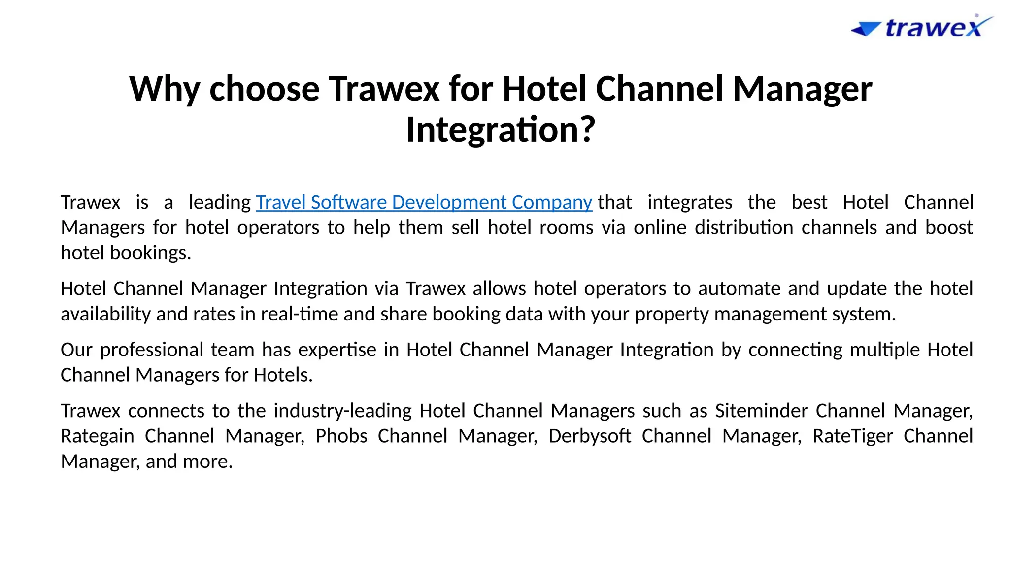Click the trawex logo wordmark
[x=934, y=28]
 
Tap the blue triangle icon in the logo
[x=866, y=29]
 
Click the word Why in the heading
[x=165, y=89]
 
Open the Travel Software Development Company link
[x=424, y=203]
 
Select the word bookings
[x=150, y=253]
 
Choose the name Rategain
[x=98, y=436]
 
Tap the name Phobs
[x=341, y=436]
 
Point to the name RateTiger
[x=852, y=436]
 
